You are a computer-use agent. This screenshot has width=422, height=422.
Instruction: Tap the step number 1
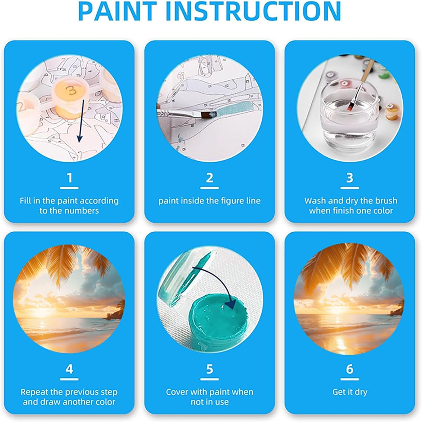point(69,178)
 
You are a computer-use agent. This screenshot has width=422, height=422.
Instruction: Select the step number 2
point(210,178)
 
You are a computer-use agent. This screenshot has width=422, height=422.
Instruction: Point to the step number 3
point(350,178)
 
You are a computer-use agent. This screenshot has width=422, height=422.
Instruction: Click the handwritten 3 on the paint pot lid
point(71,90)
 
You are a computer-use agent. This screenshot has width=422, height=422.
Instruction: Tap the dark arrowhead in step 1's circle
point(79,138)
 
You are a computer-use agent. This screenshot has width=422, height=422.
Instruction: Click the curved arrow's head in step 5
point(230,304)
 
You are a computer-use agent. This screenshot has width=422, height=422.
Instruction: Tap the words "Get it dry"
point(350,392)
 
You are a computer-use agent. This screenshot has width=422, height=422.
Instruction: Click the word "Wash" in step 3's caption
point(315,201)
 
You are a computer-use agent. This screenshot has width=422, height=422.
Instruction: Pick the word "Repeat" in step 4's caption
point(34,392)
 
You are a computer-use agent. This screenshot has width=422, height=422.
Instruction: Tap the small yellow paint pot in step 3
point(392,112)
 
